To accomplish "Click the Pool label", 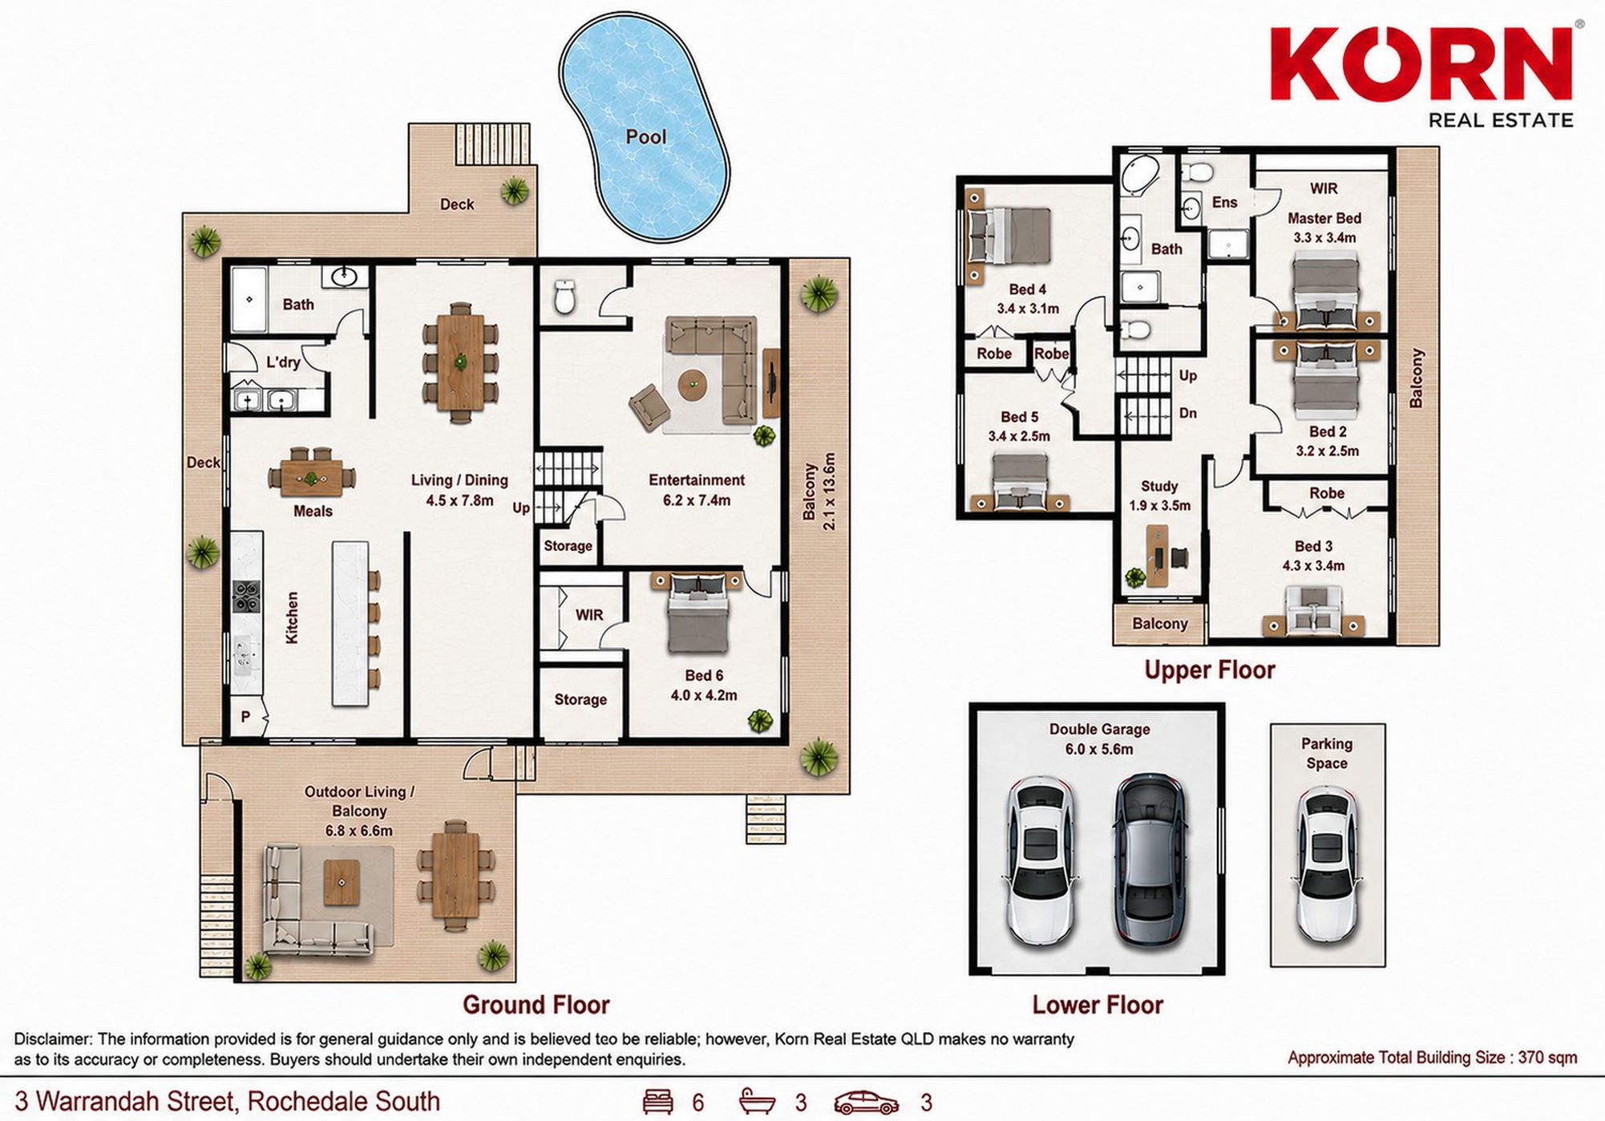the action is (645, 137).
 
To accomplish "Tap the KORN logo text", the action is (1421, 64).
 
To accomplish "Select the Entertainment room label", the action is (696, 480).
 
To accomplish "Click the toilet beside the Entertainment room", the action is (565, 297).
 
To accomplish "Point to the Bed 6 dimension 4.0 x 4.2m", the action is (704, 695).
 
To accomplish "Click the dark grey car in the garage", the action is (1150, 860).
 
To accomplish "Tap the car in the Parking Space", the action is (1327, 864).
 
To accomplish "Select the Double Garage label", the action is (1099, 729).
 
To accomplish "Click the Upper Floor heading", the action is (1209, 670).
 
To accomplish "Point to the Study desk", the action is (1155, 556).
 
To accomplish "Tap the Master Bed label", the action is (1324, 218).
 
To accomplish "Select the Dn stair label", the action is (1188, 413).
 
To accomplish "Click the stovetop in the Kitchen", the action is (246, 596).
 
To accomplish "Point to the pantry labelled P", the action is (246, 717).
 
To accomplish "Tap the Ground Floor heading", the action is (536, 1005).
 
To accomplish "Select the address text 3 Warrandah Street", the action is (126, 1102).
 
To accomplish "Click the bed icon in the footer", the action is (658, 1102).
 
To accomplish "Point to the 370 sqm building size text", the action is (1547, 1058).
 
